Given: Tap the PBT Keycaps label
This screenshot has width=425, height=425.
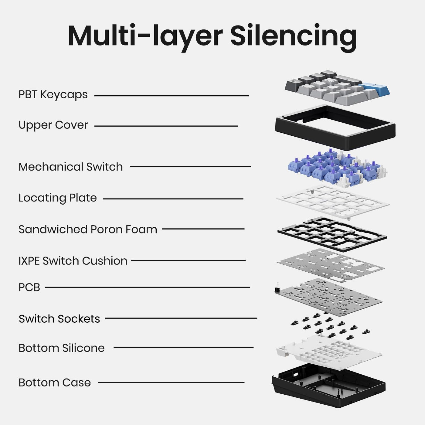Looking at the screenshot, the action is (53, 95).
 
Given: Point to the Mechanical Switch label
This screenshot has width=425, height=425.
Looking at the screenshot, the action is (70, 167).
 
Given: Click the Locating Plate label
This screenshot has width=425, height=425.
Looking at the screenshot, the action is (58, 198).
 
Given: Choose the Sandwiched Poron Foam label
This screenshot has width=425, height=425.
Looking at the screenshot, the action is (88, 229).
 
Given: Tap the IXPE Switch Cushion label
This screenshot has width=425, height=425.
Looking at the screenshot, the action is (73, 261).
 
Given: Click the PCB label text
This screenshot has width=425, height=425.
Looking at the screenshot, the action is (29, 287).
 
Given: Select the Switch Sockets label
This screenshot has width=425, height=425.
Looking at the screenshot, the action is (59, 319).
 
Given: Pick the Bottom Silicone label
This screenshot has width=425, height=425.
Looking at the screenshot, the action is (62, 348).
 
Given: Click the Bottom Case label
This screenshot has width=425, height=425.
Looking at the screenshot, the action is (55, 382).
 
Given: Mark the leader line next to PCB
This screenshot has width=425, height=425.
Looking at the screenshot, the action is (148, 287).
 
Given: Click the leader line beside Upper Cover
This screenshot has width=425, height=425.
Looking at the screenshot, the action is (166, 126).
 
